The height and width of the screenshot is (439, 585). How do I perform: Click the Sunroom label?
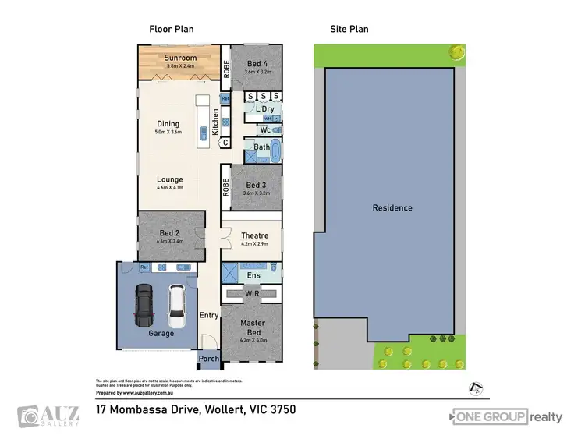click(180, 58)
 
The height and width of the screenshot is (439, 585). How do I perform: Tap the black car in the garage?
click(144, 306)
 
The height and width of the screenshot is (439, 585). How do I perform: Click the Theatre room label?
click(254, 235)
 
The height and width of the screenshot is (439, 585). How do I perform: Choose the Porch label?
click(208, 359)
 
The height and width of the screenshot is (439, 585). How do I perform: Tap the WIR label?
click(252, 293)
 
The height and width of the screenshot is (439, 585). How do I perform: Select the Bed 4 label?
click(257, 63)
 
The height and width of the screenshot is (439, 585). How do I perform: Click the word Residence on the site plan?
click(392, 208)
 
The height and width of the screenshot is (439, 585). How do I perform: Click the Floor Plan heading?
click(172, 29)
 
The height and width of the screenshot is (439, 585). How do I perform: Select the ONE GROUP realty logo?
click(507, 416)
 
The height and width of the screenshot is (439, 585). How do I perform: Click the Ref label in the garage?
click(144, 267)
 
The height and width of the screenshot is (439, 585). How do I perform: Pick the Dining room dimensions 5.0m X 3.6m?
click(168, 132)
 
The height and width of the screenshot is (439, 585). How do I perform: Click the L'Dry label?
click(264, 109)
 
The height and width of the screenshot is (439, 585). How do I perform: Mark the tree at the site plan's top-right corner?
click(455, 52)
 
